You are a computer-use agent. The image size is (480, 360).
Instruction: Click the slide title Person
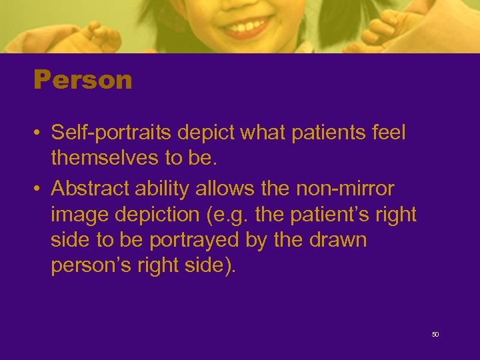coord(83,81)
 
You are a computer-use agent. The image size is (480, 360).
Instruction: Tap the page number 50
coord(435,334)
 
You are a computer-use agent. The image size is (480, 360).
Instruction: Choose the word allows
coord(226,189)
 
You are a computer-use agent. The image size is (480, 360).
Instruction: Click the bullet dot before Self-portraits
coord(39,133)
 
